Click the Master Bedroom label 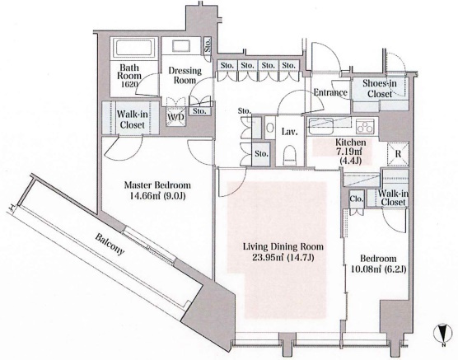click(157, 185)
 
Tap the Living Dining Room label click(283, 247)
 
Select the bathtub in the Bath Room click(133, 48)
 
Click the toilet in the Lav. click(290, 155)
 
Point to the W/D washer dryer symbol click(175, 117)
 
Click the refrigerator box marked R click(398, 154)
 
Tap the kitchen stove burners click(365, 126)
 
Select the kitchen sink click(321, 126)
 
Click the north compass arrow click(443, 335)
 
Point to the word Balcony click(110, 244)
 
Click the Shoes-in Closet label click(380, 88)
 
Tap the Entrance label click(330, 92)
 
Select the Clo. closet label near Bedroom click(357, 199)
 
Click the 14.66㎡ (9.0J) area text click(157, 196)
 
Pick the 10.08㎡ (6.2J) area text click(378, 269)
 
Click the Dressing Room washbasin click(181, 45)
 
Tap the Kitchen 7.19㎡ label click(351, 147)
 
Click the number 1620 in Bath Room click(128, 85)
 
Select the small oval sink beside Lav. click(270, 128)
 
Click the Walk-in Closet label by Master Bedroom click(133, 119)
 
